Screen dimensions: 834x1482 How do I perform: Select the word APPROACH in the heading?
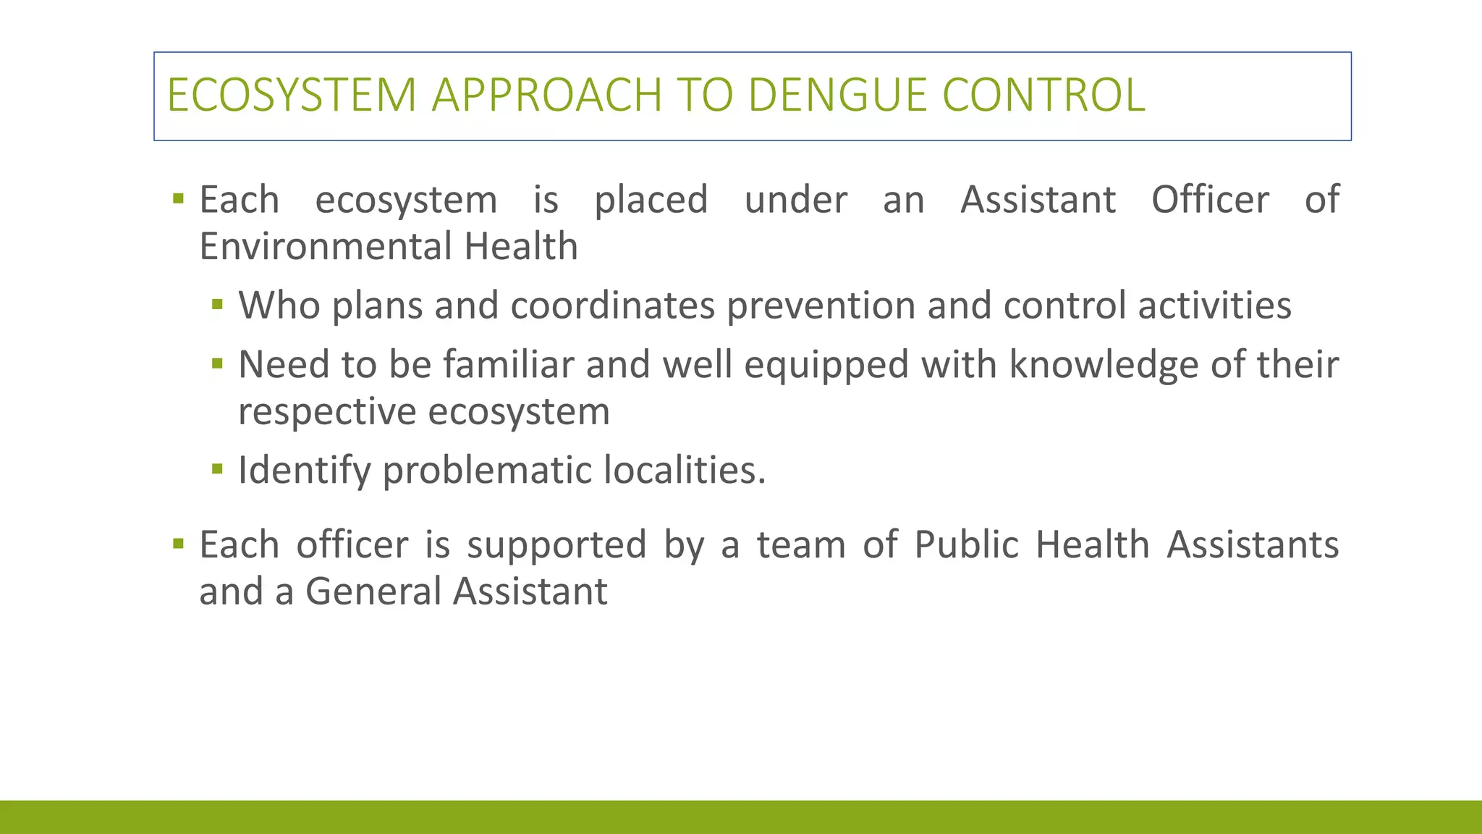tap(546, 95)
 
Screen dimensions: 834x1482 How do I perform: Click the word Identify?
tap(304, 471)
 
